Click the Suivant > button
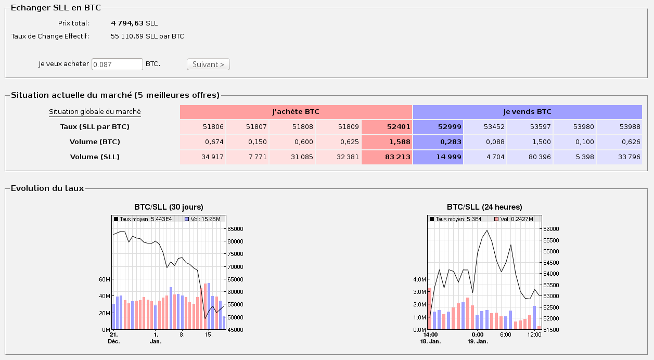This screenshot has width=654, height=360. click(208, 64)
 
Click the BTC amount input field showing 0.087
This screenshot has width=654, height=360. click(117, 64)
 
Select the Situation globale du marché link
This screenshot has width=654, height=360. click(95, 111)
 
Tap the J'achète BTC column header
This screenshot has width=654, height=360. click(296, 112)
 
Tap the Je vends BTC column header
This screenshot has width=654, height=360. click(527, 112)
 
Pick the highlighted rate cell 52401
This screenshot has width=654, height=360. click(387, 127)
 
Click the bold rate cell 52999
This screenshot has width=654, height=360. click(438, 127)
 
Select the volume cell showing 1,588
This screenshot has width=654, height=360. click(387, 142)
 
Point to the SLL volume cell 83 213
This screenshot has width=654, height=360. click(387, 157)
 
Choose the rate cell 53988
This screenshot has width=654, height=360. click(619, 127)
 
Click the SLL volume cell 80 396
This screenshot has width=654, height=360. click(530, 157)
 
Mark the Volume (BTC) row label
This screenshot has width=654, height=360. click(95, 142)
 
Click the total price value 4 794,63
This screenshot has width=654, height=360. click(127, 23)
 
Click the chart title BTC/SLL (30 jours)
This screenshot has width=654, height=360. click(169, 207)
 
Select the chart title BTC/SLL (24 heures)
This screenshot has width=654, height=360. click(484, 207)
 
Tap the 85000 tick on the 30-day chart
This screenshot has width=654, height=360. click(235, 229)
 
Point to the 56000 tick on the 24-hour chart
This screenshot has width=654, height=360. click(551, 229)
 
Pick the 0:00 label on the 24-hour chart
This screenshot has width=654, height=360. click(478, 335)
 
